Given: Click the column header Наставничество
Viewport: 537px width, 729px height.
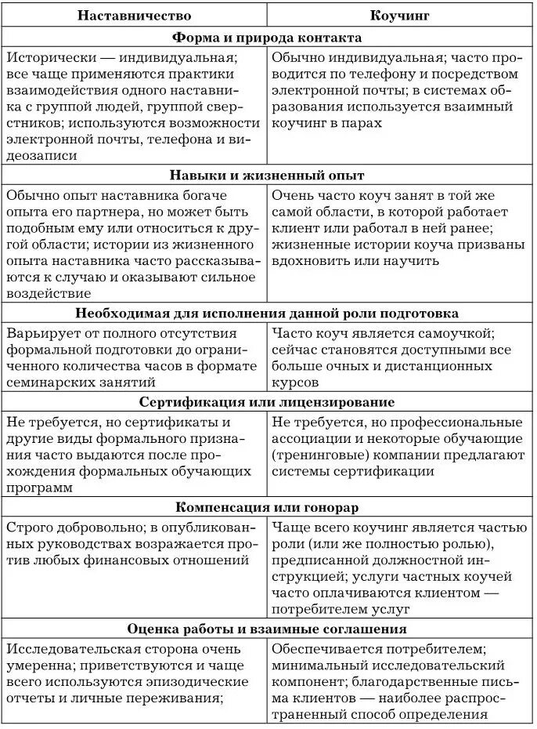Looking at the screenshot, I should tap(134, 15).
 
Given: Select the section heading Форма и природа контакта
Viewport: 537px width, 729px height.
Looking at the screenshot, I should tap(267, 38).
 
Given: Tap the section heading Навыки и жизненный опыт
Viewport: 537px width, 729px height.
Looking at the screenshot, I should tap(267, 175).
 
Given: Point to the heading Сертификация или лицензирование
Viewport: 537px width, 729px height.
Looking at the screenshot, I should tap(267, 402).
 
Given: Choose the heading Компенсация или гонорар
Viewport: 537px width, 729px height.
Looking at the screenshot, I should tap(267, 507).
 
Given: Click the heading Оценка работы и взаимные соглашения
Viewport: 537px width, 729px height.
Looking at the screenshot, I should tap(267, 629).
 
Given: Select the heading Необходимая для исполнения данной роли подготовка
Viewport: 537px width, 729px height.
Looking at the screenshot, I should tap(267, 313).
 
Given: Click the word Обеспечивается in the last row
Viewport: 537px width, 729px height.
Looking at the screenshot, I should tap(330, 649).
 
